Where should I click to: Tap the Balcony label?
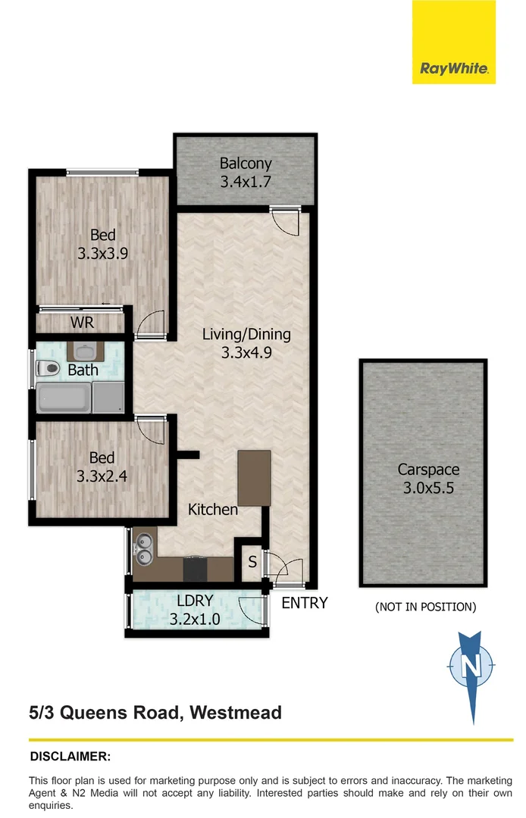click(246, 164)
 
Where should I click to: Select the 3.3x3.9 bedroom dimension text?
click(102, 254)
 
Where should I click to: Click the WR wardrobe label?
click(82, 323)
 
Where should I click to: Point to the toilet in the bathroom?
click(49, 370)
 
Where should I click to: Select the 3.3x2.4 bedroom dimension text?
click(102, 476)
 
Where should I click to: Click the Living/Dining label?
click(246, 334)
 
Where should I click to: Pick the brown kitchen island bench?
click(255, 477)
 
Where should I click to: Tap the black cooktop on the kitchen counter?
click(195, 568)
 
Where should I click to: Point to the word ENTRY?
click(305, 603)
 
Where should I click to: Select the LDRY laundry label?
click(195, 601)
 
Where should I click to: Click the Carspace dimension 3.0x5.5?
click(429, 487)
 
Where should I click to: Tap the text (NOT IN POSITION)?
click(426, 607)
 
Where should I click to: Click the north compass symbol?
click(471, 667)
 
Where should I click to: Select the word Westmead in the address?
click(236, 713)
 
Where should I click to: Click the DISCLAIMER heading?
click(70, 756)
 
